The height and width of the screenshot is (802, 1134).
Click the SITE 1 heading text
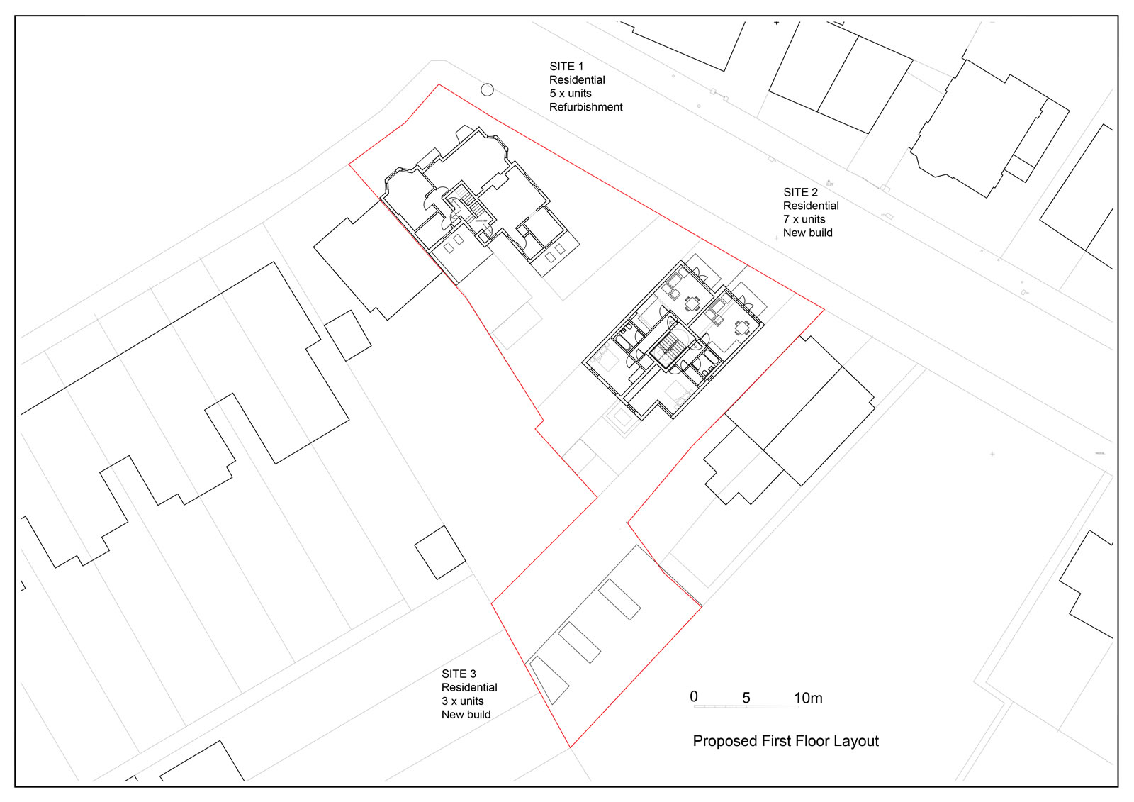[x=566, y=67]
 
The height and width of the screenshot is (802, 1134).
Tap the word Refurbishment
[x=585, y=107]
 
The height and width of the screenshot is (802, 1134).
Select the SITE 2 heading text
[x=800, y=192]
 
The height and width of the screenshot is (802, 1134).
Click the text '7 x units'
[x=804, y=219]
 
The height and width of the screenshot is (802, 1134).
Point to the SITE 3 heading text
[x=459, y=674]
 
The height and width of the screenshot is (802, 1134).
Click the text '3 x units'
[x=462, y=701]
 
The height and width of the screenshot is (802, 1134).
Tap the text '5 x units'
[x=571, y=93]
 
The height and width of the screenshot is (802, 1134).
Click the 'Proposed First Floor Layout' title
[x=786, y=741]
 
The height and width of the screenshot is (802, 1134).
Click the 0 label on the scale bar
[x=694, y=696]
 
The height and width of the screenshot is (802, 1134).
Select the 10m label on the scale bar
[x=808, y=698]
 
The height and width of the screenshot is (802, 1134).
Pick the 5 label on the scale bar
[x=746, y=698]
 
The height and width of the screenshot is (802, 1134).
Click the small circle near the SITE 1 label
[x=487, y=89]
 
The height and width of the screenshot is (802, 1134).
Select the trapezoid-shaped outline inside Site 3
[x=549, y=680]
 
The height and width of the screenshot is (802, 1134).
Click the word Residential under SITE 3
[x=469, y=688]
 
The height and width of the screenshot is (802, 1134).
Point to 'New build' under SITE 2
[x=807, y=233]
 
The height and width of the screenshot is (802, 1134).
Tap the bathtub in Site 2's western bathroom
[x=622, y=340]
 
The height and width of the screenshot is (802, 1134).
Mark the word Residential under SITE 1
[x=577, y=80]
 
